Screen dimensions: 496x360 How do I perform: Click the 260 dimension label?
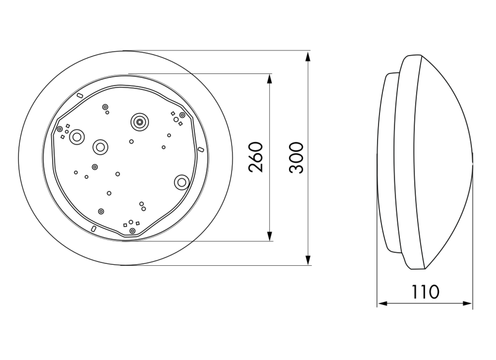point(256,157)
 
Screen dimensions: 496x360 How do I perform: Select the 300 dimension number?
point(297,158)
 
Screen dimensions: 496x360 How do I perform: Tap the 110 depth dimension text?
point(425,292)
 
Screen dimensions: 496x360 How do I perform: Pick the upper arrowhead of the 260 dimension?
point(269,79)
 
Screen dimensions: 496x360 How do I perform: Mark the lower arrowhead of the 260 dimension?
point(269,236)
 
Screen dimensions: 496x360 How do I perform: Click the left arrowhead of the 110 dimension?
point(383,303)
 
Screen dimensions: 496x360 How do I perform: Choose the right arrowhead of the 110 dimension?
point(467,303)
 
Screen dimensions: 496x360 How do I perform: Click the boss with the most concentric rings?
point(139,122)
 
